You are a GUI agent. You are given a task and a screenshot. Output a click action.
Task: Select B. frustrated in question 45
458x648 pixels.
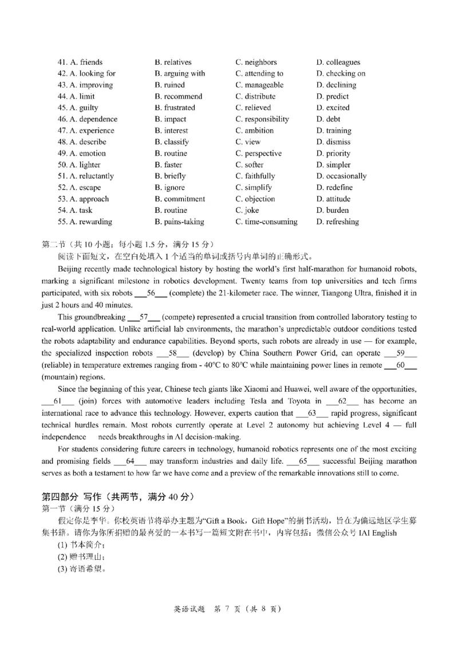tap(175, 108)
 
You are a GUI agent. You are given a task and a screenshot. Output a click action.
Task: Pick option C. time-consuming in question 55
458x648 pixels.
tap(266, 222)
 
